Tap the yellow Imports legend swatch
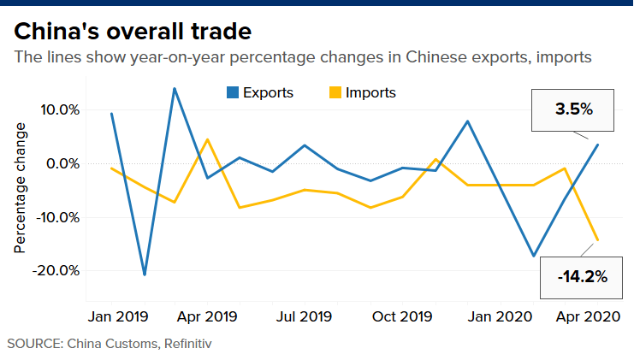335,92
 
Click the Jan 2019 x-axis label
119,316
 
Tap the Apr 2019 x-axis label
207,316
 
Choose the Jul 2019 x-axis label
305,316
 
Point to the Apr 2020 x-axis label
587,316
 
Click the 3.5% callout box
574,110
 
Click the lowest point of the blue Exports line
145,274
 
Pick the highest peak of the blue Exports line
175,88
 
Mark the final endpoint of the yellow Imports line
597,240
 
